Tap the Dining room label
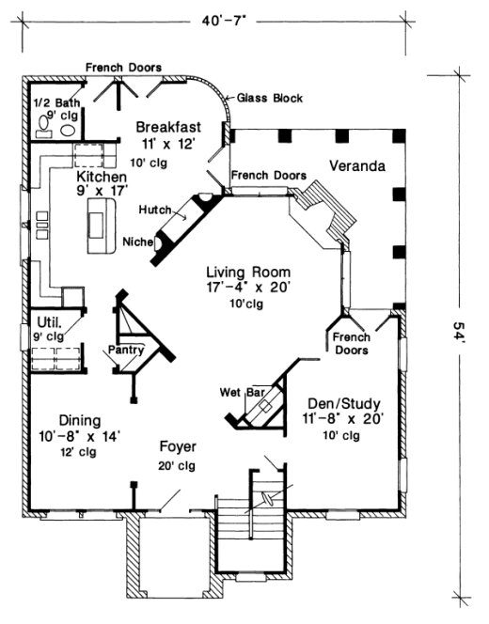[x=80, y=421]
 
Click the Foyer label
[x=176, y=448]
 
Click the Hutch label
[x=153, y=208]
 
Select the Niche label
[x=138, y=242]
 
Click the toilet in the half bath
[x=68, y=131]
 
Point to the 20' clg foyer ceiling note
[x=176, y=465]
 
